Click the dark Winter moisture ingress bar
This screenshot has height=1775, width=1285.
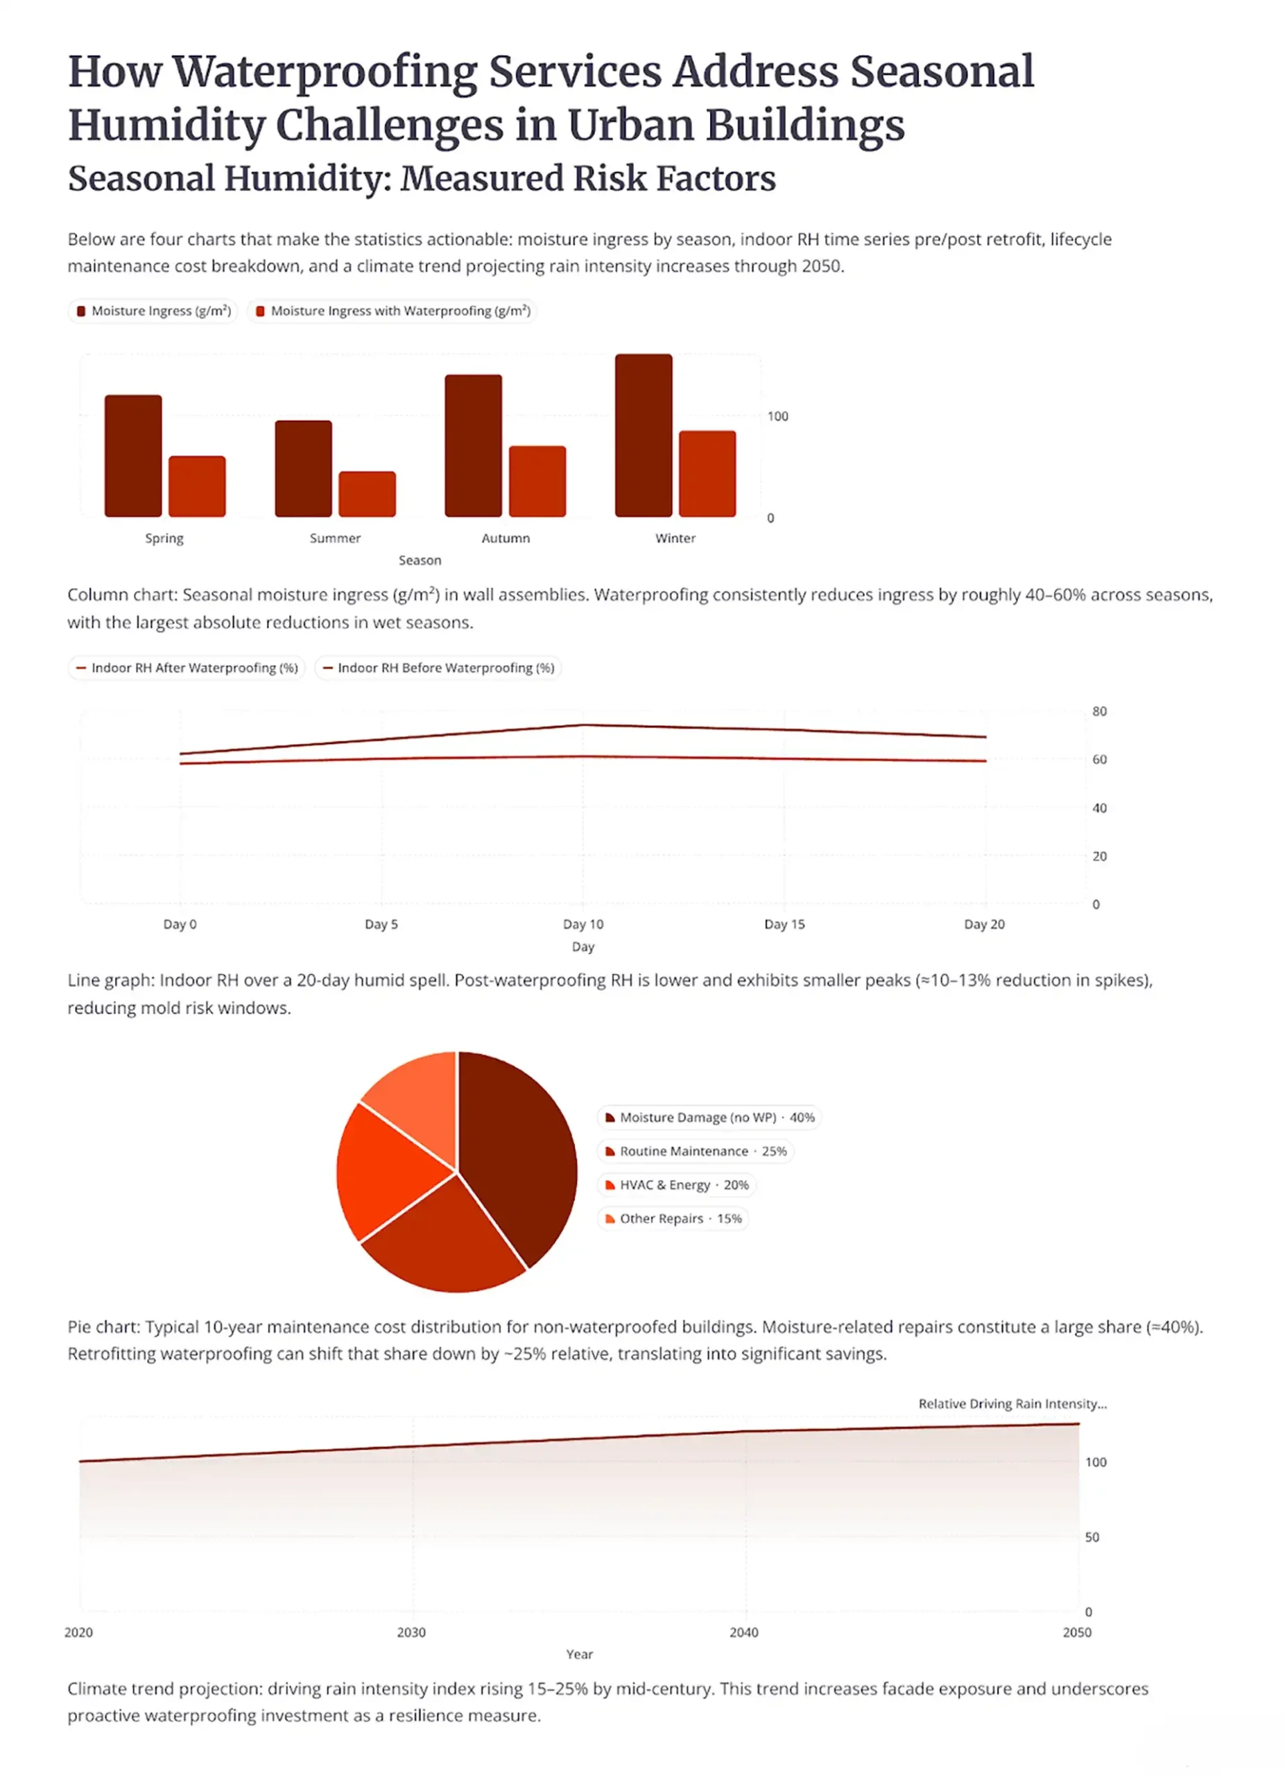644,435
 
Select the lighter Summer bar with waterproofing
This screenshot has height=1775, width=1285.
367,494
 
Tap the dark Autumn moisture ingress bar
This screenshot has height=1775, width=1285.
474,445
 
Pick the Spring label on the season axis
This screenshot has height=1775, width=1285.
164,539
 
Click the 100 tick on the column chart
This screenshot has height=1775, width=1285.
777,416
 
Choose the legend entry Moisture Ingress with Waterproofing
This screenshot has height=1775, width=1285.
393,311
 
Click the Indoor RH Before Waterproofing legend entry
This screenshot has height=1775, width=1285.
438,668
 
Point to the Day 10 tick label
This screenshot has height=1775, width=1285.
583,924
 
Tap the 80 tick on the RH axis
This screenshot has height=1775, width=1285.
1098,711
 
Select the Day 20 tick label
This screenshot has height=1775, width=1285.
984,924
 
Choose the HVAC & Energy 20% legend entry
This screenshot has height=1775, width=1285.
677,1186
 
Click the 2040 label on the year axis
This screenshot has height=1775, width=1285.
743,1633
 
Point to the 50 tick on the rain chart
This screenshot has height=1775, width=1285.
1092,1537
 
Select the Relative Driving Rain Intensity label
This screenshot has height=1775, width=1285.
1012,1404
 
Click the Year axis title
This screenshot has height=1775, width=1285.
579,1654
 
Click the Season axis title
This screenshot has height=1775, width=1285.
420,560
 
